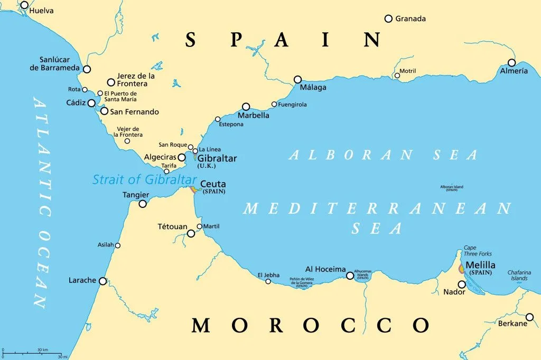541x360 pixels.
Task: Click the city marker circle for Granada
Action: tap(388, 18)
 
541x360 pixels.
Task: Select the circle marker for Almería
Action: tap(511, 62)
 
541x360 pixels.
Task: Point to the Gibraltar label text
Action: tap(217, 158)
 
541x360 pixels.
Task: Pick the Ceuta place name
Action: tap(213, 184)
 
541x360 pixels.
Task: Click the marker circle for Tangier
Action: tap(143, 204)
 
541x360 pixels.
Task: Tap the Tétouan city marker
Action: tap(191, 233)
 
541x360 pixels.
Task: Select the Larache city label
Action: tap(82, 280)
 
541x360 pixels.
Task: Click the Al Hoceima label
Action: tap(325, 269)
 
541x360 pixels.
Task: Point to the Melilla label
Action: tap(480, 265)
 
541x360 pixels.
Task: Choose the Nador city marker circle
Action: tap(462, 284)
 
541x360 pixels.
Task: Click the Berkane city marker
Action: tap(529, 317)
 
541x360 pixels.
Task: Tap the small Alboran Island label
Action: tap(451, 187)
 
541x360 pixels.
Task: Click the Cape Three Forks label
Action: tap(477, 251)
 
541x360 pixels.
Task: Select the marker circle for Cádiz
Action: tap(92, 103)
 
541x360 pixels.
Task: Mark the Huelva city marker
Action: tap(24, 5)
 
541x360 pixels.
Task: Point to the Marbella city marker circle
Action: tap(246, 106)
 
